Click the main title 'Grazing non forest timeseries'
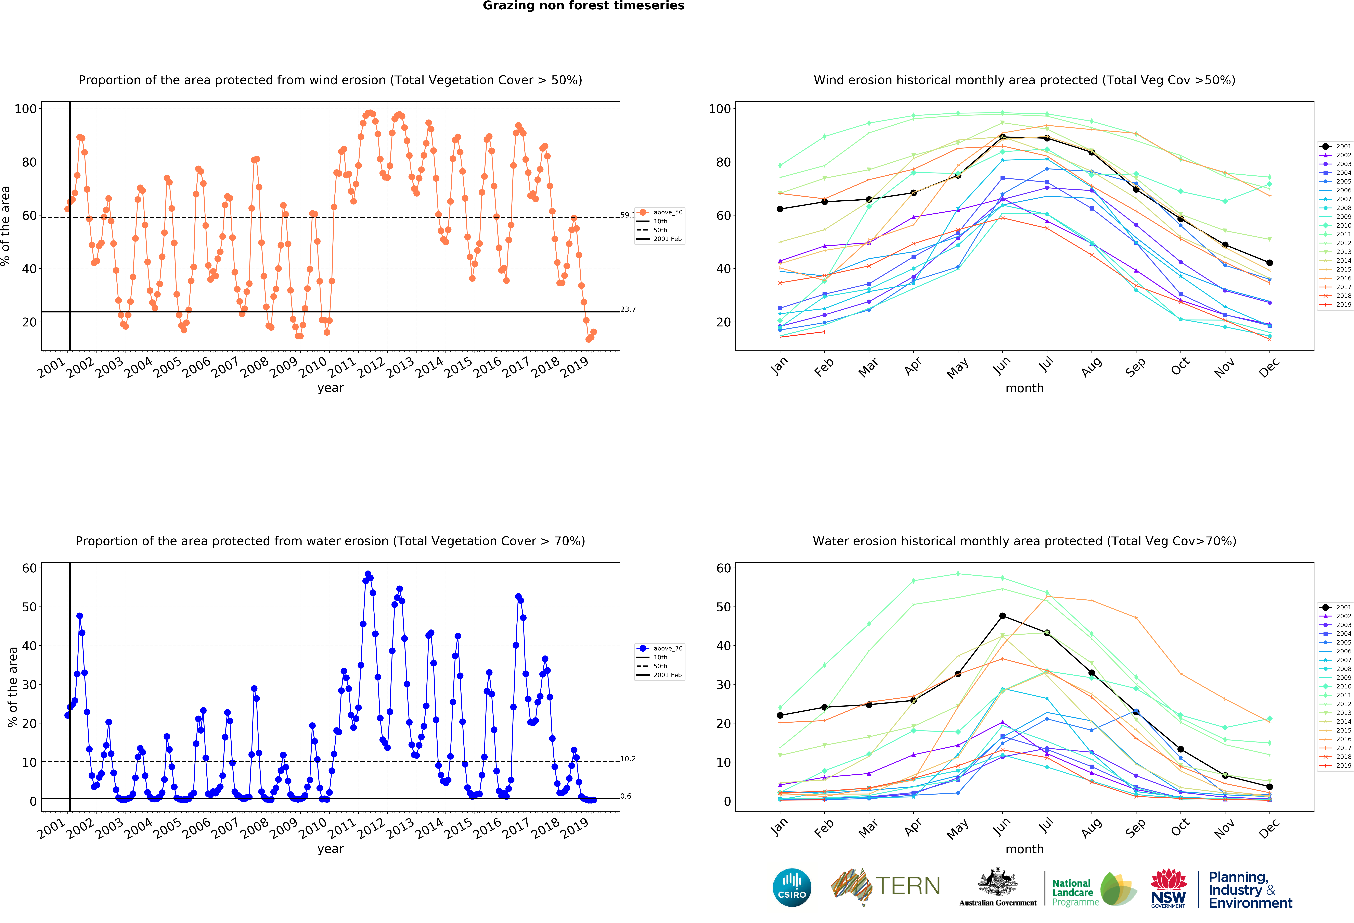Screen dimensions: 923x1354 [583, 6]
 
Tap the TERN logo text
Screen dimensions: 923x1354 [908, 886]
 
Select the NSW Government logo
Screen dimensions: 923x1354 [1168, 888]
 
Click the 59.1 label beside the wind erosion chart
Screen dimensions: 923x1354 [628, 215]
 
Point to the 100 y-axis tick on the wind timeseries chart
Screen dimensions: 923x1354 [26, 109]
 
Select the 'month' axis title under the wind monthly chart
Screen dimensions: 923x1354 [1024, 388]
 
